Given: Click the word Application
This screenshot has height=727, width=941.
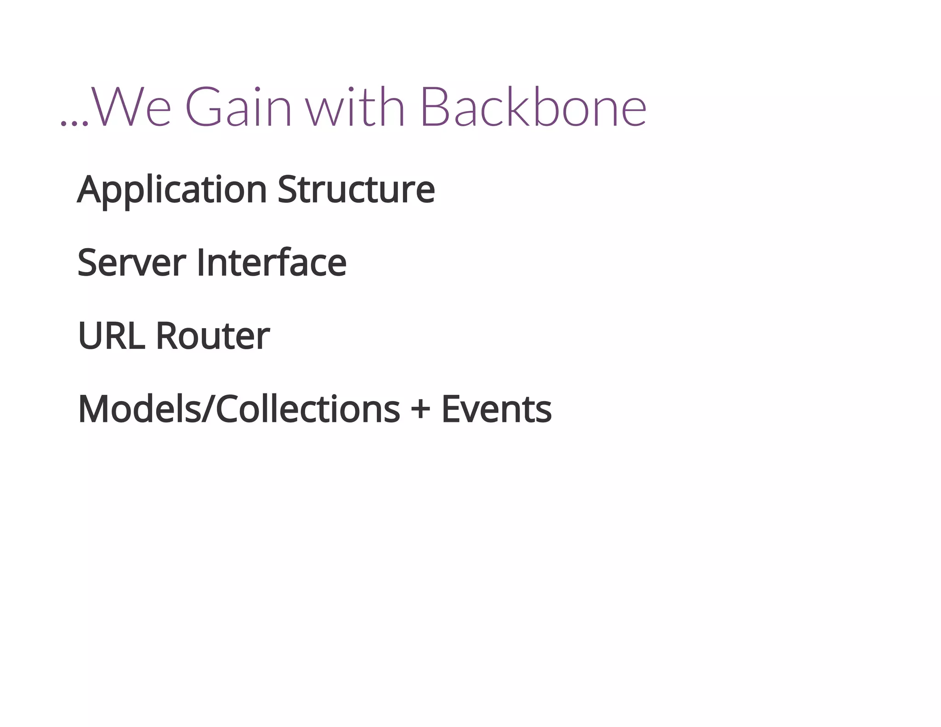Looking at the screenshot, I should tap(172, 190).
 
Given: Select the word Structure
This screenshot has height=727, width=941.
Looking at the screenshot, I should tap(356, 189).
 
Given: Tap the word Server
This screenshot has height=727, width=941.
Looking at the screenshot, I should tap(131, 262).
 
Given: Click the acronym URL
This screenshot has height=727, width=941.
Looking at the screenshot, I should tap(111, 336).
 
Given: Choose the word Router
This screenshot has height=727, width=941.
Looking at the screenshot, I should tap(212, 336).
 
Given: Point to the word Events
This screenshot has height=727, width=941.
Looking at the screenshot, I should tap(496, 409).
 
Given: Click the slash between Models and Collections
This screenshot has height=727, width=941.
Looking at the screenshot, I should tap(208, 409).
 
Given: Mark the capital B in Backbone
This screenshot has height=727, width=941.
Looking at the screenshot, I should tap(435, 107).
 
